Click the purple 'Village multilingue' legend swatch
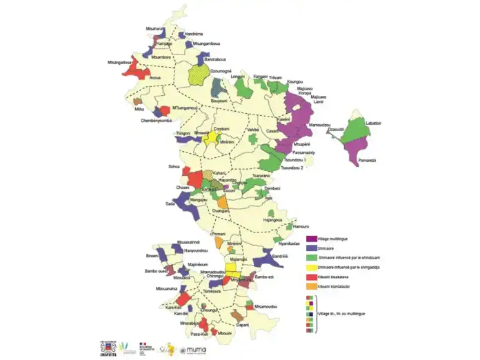[310, 239]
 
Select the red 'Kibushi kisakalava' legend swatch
[310, 276]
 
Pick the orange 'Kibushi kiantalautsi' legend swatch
[310, 285]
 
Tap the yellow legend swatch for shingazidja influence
[310, 267]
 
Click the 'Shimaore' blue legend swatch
[310, 248]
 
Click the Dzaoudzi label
[336, 129]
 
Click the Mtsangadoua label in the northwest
[119, 61]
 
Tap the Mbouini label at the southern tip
[225, 333]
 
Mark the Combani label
[221, 129]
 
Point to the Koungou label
[294, 81]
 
